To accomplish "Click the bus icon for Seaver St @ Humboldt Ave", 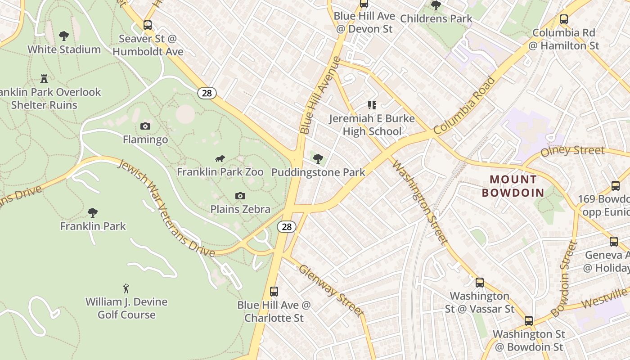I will [148, 25].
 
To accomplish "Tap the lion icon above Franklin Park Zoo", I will [220, 158].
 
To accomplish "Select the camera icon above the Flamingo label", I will [145, 126].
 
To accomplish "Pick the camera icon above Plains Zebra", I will [240, 196].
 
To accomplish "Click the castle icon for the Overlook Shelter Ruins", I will [44, 79].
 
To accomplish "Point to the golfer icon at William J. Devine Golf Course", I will [126, 288].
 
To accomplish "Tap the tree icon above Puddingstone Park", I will [318, 158].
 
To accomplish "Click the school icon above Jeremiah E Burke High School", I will [372, 105].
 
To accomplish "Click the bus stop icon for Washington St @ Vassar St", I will [480, 283].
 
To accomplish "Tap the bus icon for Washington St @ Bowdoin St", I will [529, 321].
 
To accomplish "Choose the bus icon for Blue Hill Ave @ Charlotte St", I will [274, 292].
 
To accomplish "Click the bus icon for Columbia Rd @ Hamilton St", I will [563, 19].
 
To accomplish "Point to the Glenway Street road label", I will [331, 290].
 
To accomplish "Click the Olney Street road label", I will [572, 151].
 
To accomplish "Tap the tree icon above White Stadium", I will [64, 36].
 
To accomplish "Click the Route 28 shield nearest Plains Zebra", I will [286, 227].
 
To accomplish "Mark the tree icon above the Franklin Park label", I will [93, 212].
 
